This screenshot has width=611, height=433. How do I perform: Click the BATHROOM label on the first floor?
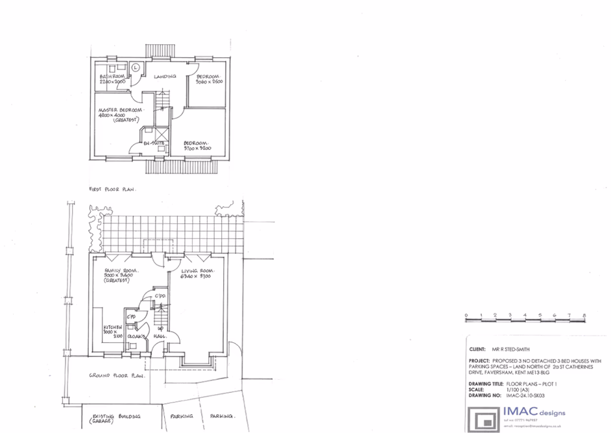(x=112, y=77)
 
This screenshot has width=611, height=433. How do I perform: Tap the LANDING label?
(x=165, y=77)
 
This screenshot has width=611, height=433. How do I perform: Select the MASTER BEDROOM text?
(x=120, y=110)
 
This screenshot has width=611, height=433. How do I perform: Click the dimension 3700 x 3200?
(x=198, y=149)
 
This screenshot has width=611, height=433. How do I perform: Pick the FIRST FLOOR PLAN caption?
(x=115, y=189)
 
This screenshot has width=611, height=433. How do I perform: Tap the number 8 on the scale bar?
(x=584, y=315)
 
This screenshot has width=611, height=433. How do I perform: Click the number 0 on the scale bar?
(x=466, y=315)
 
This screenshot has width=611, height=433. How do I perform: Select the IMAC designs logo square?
(x=483, y=418)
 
